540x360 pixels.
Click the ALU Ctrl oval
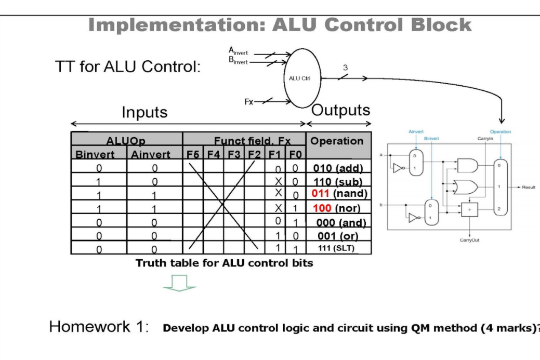302,78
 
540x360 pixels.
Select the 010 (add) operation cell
338,168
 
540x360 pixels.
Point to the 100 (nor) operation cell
338,208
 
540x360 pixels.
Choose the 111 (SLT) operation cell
338,248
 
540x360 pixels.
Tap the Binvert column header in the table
98,154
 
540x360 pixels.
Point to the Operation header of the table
337,141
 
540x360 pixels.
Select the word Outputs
341,110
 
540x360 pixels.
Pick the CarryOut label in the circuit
469,241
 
